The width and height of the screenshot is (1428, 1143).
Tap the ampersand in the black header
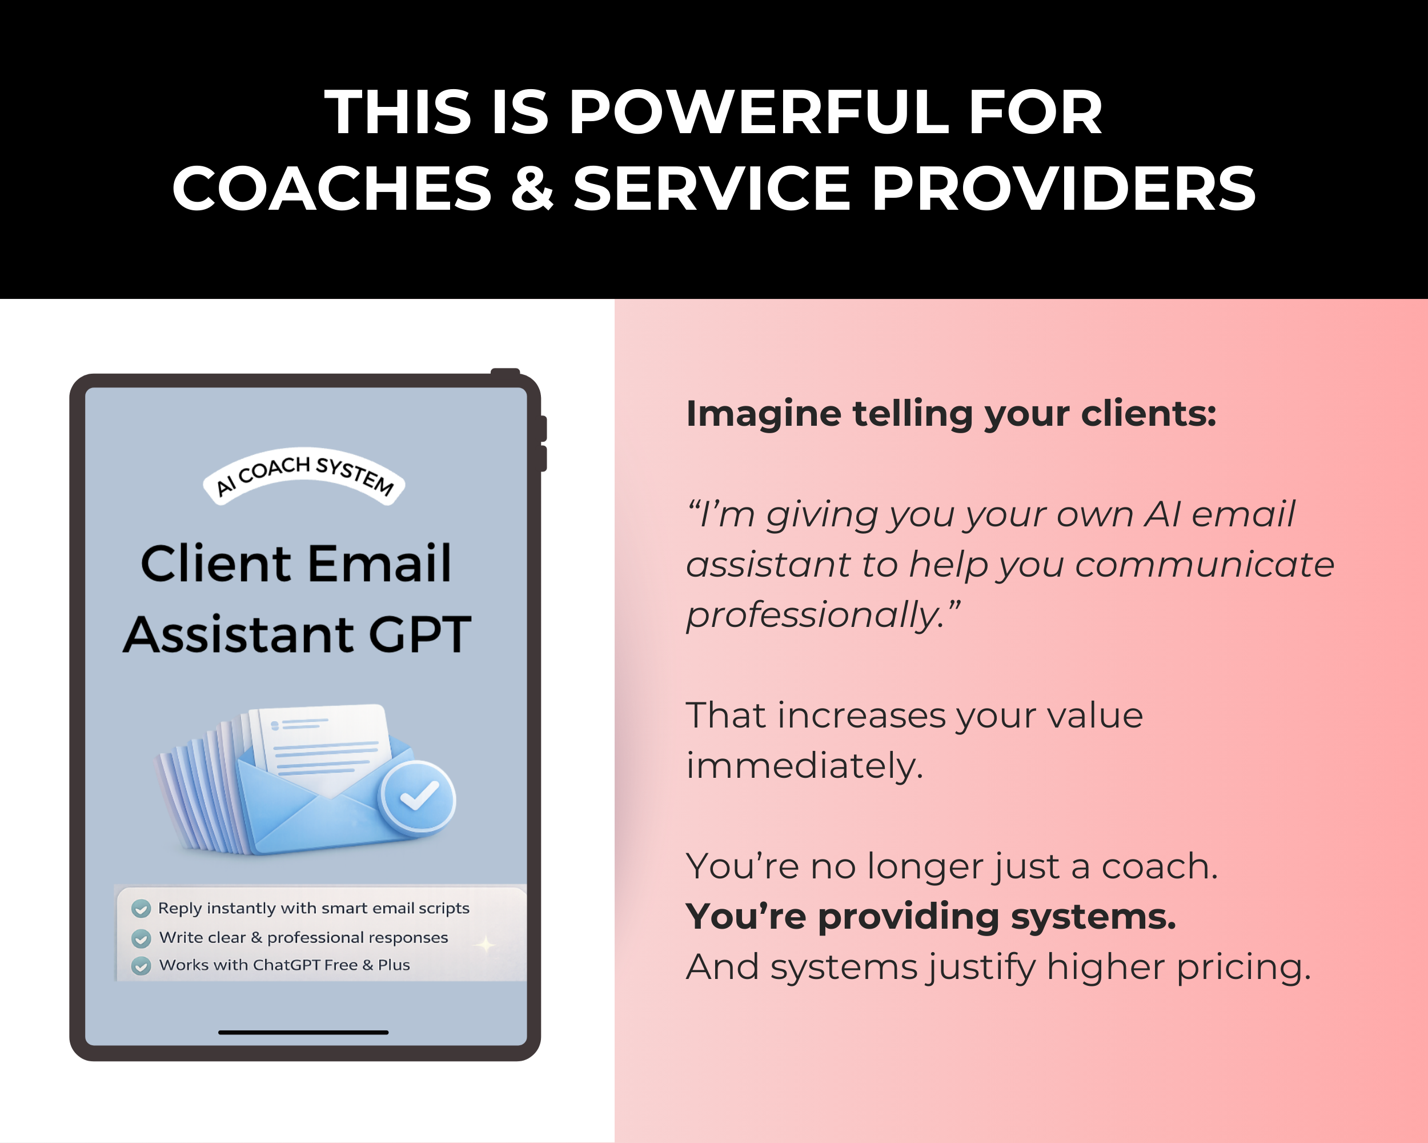point(532,189)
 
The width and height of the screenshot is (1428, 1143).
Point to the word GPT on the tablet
point(419,634)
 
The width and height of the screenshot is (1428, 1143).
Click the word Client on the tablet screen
point(216,564)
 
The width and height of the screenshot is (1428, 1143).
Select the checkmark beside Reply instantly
point(141,909)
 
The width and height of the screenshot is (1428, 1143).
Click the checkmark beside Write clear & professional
point(141,938)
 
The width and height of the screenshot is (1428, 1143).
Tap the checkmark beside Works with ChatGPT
point(141,966)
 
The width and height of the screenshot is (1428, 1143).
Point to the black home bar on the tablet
point(303,1032)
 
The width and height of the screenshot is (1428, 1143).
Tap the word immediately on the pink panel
point(804,766)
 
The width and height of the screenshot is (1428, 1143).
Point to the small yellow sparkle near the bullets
point(486,945)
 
